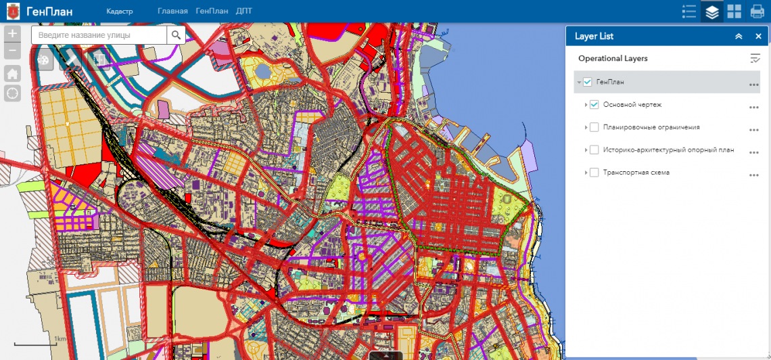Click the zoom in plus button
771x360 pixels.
pos(12,33)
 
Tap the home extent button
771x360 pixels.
pos(12,74)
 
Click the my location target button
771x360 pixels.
pos(12,93)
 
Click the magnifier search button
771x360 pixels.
pos(177,35)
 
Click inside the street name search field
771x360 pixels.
pos(99,35)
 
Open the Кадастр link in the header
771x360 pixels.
pos(120,12)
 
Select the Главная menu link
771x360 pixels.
pos(172,12)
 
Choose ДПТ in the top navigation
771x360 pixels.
pos(244,12)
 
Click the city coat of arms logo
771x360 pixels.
pos(13,12)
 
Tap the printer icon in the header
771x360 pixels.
pos(757,12)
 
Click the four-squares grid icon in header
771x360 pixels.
pos(734,12)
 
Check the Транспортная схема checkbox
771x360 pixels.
pos(594,173)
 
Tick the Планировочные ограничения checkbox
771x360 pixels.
pos(594,127)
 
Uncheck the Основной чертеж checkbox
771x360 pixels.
pos(594,105)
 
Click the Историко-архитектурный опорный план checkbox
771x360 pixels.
pos(594,150)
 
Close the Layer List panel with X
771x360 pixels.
pos(758,37)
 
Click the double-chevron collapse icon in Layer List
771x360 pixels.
pos(739,37)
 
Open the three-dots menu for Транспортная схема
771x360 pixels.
pos(754,175)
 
